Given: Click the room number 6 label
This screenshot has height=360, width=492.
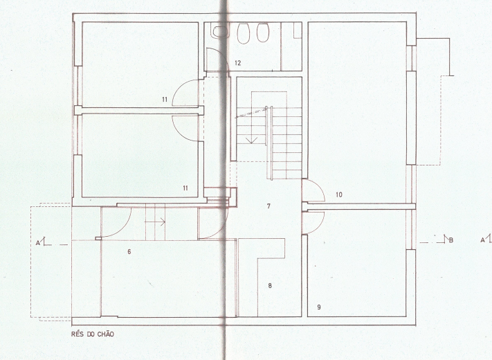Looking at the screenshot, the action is (129, 252).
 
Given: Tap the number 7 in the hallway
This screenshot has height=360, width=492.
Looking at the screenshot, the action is (268, 206).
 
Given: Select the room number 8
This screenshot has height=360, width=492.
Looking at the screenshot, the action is (270, 286).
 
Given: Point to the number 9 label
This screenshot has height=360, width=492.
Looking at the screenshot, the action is (319, 307).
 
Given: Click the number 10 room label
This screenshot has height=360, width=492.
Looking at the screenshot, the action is (339, 195).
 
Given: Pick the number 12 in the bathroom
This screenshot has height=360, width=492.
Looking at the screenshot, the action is (238, 63).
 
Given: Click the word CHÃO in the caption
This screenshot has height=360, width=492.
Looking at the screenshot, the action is (105, 334).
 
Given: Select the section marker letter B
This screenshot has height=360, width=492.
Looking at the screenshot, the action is (451, 240).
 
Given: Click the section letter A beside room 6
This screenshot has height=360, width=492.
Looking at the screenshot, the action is (37, 242).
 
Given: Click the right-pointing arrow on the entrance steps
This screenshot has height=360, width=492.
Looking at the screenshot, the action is (155, 222).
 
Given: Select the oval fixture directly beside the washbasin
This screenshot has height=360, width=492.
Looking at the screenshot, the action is (243, 33).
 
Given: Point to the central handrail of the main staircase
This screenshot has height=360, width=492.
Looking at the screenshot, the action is (269, 143).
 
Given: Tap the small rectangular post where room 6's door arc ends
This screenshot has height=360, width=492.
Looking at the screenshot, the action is (98, 239).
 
